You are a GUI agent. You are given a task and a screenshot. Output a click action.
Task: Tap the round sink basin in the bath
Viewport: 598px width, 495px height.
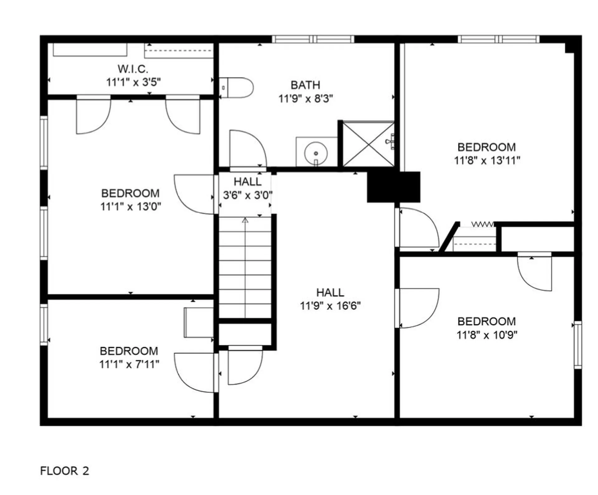click(x=316, y=153)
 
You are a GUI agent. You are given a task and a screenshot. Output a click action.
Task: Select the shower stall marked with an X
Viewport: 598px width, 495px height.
click(x=368, y=144)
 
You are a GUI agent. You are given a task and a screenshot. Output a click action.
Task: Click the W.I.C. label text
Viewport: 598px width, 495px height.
click(x=133, y=69)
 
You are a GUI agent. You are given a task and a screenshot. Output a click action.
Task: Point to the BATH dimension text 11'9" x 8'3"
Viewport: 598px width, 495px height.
click(x=306, y=98)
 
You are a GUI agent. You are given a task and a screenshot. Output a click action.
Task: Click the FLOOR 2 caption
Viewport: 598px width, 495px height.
click(x=65, y=470)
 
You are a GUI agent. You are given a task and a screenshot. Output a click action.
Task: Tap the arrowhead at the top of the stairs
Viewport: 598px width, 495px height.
click(x=245, y=220)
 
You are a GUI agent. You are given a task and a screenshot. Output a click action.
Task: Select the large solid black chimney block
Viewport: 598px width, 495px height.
click(x=394, y=187)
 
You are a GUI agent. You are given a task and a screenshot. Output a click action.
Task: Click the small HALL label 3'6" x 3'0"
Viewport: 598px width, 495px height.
click(x=248, y=188)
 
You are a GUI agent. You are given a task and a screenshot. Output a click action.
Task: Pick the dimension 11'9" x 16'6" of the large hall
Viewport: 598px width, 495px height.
click(x=330, y=306)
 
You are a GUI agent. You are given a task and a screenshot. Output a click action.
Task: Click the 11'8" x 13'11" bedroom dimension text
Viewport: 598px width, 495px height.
click(x=487, y=160)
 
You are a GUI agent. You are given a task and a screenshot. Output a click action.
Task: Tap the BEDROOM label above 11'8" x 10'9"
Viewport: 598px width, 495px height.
click(x=486, y=321)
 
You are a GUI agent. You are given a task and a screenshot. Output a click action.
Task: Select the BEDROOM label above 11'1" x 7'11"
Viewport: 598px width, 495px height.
click(x=129, y=351)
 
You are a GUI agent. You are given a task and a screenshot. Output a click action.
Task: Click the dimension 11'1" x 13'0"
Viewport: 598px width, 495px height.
click(x=131, y=206)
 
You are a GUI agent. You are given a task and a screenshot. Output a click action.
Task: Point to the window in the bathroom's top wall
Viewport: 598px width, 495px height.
click(x=313, y=39)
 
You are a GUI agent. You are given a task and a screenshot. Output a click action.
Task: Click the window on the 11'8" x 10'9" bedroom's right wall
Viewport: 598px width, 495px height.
click(x=578, y=345)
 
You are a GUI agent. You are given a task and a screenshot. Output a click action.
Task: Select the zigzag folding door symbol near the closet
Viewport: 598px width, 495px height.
click(x=483, y=224)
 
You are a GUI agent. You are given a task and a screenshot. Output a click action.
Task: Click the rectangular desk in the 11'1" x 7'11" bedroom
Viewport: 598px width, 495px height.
click(x=199, y=322)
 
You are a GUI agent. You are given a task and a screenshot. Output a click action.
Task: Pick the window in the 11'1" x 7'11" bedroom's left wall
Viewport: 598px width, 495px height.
click(x=44, y=325)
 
